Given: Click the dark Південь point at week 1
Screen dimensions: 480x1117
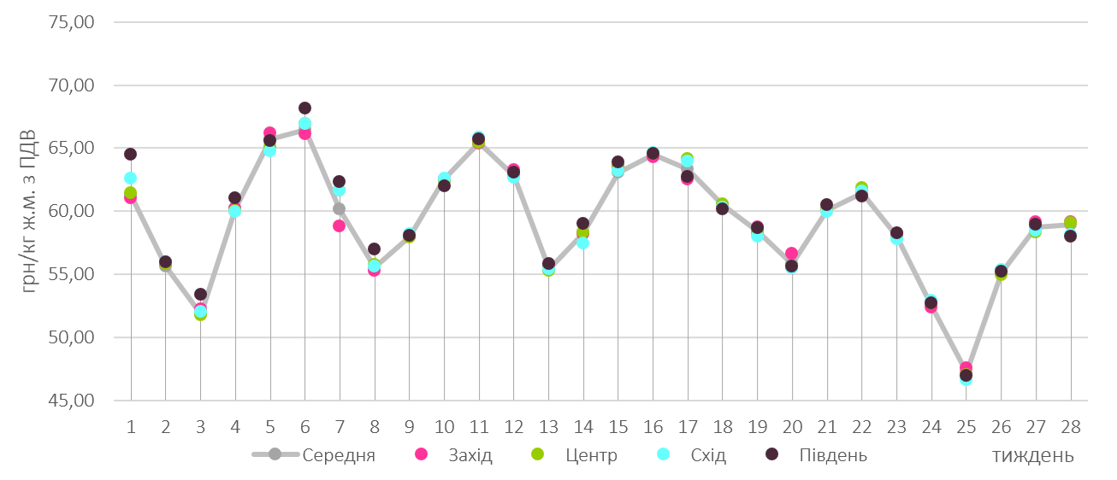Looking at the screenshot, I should click(130, 155).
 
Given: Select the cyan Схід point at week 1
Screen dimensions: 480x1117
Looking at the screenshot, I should click(130, 179).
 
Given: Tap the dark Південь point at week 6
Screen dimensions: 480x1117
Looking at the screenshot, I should click(304, 108).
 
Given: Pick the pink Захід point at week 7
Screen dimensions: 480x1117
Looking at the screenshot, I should click(339, 226).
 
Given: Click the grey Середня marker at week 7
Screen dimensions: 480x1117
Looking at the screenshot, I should click(339, 209).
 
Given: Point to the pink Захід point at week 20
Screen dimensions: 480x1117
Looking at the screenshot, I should click(791, 254).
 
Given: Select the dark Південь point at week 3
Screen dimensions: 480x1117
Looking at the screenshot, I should click(200, 295).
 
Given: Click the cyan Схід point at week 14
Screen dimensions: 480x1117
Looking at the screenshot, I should click(582, 243).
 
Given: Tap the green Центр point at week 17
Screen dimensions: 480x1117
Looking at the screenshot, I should click(687, 159).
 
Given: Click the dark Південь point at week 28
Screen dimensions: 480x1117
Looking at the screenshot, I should click(1070, 236).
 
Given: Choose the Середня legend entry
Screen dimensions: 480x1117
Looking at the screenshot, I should click(339, 455).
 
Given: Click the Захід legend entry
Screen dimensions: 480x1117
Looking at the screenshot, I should click(470, 455).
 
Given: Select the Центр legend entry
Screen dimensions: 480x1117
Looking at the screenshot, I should click(591, 455).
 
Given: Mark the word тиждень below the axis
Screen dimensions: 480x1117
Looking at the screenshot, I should click(1033, 456).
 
